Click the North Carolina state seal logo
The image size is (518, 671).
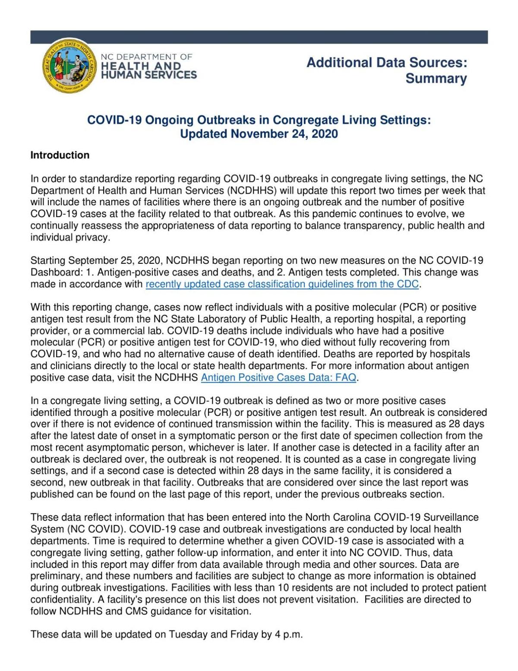tap(69, 65)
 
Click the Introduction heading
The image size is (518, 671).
tap(60, 155)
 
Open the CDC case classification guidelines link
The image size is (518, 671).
tap(282, 284)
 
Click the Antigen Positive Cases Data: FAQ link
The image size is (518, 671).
tap(278, 378)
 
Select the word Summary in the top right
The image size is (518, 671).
tap(436, 79)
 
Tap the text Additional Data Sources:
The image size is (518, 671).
tap(387, 63)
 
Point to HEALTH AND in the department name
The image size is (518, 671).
tap(141, 66)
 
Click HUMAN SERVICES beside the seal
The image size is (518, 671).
tap(149, 75)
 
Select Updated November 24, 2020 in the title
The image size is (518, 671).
tap(259, 134)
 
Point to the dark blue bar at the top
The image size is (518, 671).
tap(259, 37)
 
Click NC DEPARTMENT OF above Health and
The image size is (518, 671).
tap(146, 57)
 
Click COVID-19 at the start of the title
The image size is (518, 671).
tap(114, 120)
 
